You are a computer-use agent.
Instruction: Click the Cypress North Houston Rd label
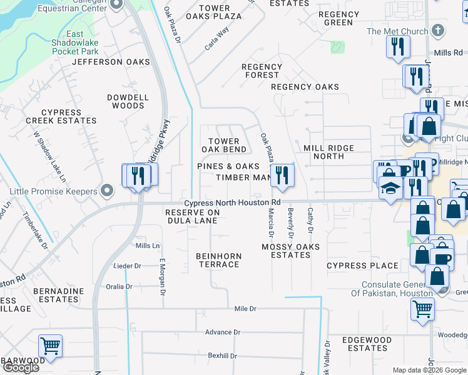point(231,202)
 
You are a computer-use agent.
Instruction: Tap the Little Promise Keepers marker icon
point(107,191)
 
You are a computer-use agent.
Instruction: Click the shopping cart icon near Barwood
point(50,345)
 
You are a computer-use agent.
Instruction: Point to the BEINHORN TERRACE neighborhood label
point(218,260)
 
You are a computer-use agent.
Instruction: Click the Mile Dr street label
point(245,309)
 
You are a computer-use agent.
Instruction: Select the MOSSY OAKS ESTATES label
point(290,251)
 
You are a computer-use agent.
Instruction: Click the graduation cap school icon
point(390,187)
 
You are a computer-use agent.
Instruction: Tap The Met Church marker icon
point(438,31)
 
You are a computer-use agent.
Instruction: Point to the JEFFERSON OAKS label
point(111,62)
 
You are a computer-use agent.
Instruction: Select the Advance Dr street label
point(222,332)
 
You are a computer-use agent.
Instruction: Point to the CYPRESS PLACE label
point(362,266)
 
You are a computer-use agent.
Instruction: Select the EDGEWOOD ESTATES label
point(367,344)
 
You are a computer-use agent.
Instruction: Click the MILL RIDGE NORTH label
point(328,152)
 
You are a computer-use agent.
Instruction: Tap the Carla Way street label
point(217,38)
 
